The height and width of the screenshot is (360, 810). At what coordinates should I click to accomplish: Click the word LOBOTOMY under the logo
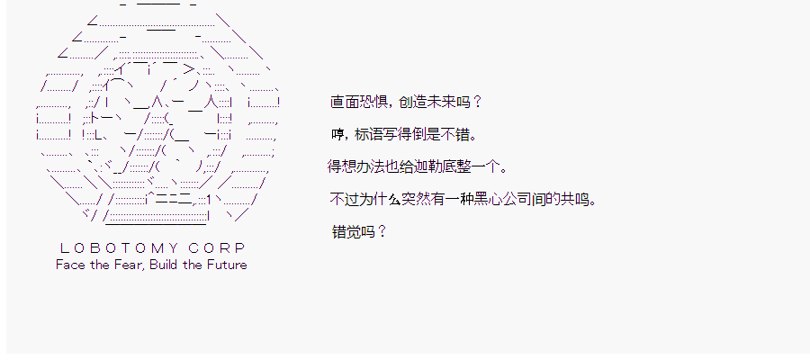[120, 248]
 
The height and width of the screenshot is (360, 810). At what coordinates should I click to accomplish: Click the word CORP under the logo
[217, 248]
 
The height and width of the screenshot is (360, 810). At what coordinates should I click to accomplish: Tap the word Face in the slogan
[67, 265]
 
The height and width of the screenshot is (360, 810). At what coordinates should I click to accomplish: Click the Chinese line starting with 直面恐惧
[406, 102]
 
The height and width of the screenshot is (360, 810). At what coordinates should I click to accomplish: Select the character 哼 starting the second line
[337, 135]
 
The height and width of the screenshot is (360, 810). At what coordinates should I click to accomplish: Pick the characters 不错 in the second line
[455, 135]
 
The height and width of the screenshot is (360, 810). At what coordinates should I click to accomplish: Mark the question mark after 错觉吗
[382, 232]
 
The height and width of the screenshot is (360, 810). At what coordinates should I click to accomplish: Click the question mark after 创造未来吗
[477, 102]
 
